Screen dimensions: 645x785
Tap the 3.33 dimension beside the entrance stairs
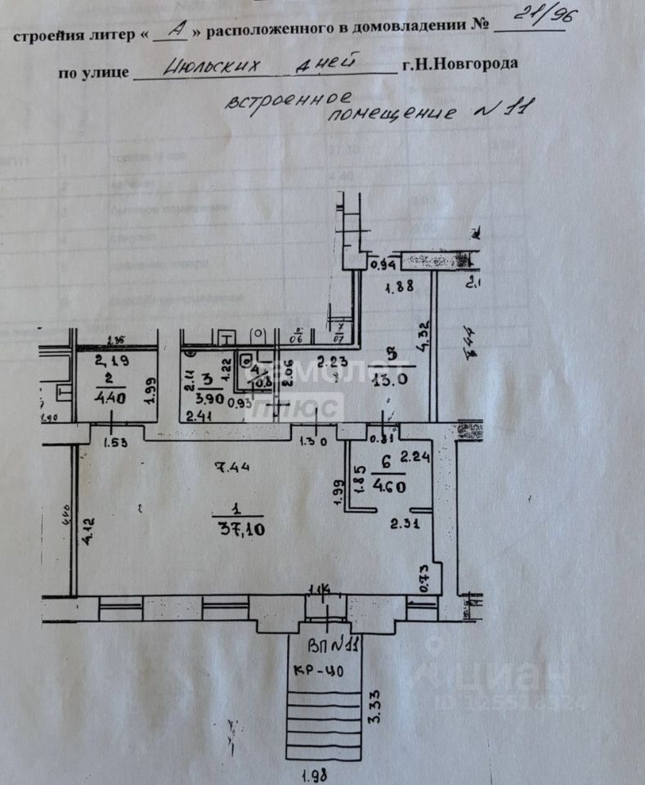(377, 706)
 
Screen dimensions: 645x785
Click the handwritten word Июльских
(204, 69)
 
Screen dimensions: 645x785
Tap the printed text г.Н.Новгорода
(459, 65)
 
